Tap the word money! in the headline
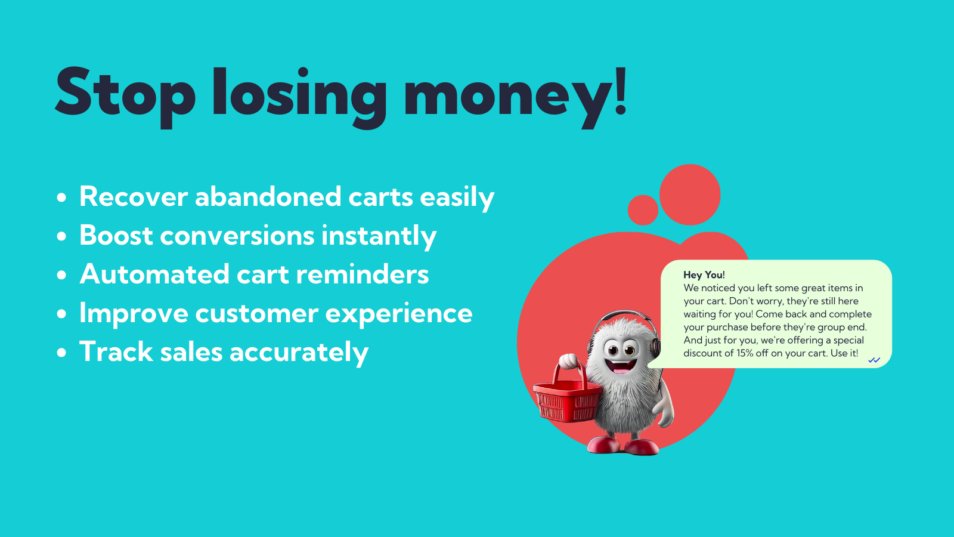[515, 96]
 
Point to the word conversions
[237, 235]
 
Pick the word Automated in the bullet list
[154, 274]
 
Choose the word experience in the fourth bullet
[399, 314]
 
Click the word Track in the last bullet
[116, 351]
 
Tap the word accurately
[299, 353]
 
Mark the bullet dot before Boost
[62, 236]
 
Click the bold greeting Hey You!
[704, 275]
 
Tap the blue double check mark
[874, 360]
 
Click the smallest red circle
[643, 210]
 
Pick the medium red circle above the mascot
[690, 195]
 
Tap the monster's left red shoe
[603, 445]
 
